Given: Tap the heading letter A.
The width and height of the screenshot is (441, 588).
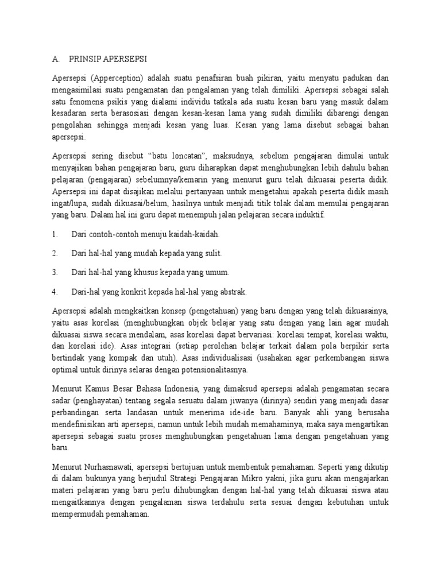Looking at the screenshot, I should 55,58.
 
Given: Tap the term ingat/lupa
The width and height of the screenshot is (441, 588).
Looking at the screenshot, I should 69,204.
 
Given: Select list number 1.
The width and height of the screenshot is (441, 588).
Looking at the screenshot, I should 55,234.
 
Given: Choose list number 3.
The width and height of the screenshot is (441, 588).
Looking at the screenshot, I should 55,272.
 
